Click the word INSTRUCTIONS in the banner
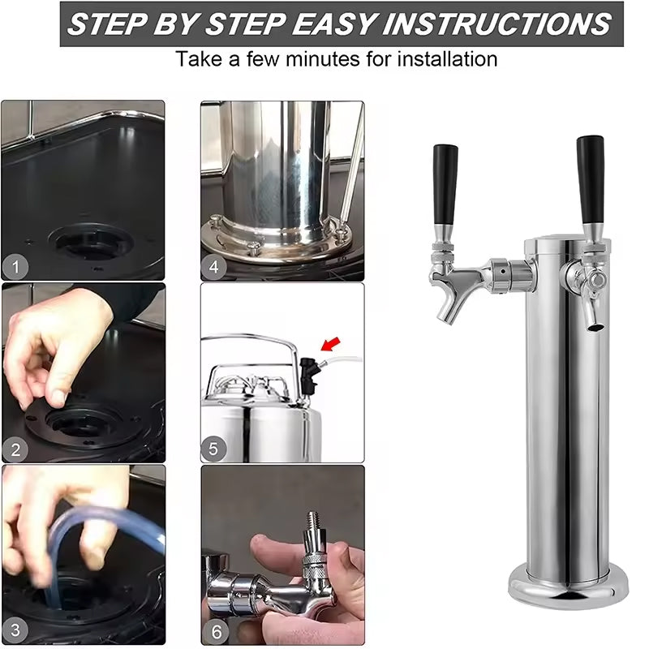[x=498, y=24]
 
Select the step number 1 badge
[x=15, y=265]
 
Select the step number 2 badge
[x=15, y=448]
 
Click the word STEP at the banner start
[x=105, y=24]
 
